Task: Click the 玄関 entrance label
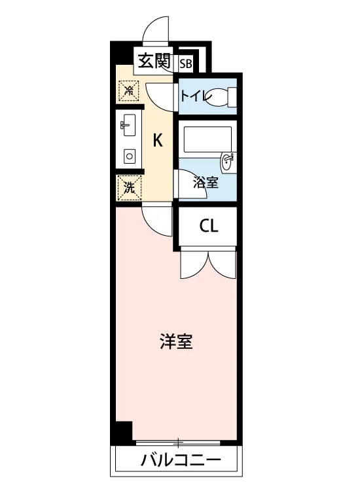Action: tap(154, 61)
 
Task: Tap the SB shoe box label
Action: tap(185, 64)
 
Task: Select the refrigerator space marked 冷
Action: tap(128, 91)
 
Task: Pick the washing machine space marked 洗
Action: tap(130, 188)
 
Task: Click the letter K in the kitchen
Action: tap(158, 140)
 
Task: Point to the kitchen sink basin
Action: tap(128, 125)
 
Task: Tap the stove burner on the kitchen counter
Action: tap(129, 156)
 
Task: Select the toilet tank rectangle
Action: tap(232, 96)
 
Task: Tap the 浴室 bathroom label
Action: tap(206, 183)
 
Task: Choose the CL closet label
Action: tap(209, 225)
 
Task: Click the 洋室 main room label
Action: tap(176, 341)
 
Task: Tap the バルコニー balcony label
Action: tap(180, 460)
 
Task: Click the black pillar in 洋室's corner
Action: tap(122, 431)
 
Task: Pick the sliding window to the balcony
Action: tap(178, 443)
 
